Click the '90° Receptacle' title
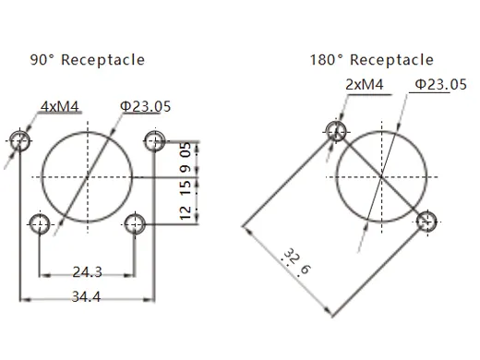tap(89, 60)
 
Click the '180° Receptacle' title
tap(372, 60)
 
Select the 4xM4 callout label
tap(59, 106)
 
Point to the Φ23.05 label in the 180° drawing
tap(439, 86)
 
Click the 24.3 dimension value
tap(87, 272)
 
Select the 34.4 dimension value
tap(87, 297)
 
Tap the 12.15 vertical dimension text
tap(186, 199)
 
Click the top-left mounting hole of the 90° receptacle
tap(19, 140)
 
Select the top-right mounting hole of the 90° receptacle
tap(154, 140)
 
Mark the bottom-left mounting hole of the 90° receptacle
tap(40, 222)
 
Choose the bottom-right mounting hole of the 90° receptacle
tap(135, 222)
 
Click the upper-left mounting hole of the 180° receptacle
tap(338, 131)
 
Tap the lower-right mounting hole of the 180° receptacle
tap(426, 220)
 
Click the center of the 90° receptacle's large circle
tap(87, 175)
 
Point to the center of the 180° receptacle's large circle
tap(382, 175)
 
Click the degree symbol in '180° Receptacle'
tap(340, 56)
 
